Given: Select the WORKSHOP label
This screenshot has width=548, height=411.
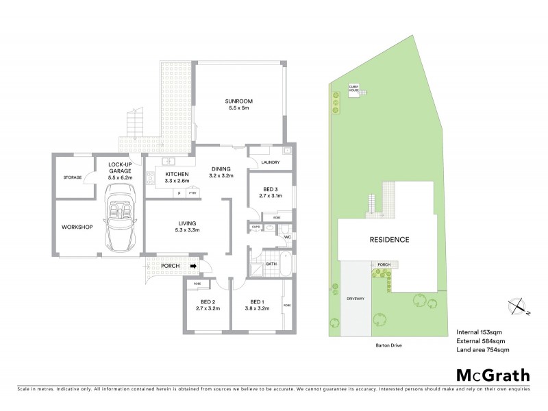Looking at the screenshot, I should pos(77,227).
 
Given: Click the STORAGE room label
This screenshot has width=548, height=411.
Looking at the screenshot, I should pos(72,177).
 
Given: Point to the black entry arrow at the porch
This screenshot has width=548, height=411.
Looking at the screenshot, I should pos(194,266).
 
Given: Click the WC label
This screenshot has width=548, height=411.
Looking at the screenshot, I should pos(288,238).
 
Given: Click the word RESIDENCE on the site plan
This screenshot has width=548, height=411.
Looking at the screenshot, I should pos(390,240).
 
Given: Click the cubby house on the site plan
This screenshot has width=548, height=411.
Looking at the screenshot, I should pos(354,90).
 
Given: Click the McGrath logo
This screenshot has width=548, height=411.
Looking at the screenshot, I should pos(493,375).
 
